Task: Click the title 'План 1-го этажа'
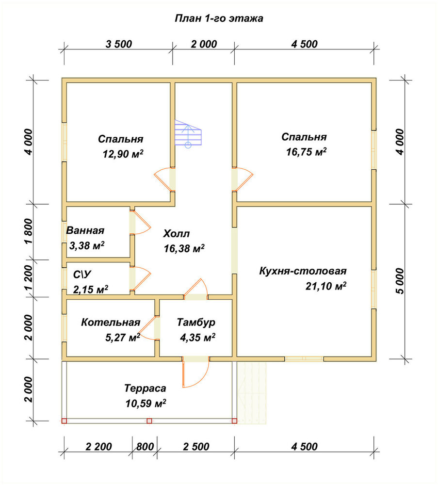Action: tap(219, 18)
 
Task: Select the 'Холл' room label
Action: tap(176, 234)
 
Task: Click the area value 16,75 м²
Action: tap(306, 152)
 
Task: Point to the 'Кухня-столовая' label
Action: tap(303, 271)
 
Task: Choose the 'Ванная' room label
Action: tap(85, 230)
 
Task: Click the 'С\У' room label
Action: tap(82, 275)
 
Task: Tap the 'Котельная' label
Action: tap(111, 323)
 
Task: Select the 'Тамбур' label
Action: tap(196, 323)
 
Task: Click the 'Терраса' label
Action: tap(145, 388)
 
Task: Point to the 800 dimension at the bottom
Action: tap(145, 447)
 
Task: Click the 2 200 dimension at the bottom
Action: tap(98, 447)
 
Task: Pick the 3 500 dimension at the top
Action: tap(119, 44)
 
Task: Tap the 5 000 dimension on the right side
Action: tap(400, 281)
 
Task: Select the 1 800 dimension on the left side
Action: tap(28, 231)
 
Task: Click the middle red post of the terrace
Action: tap(149, 421)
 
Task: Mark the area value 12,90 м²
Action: tap(123, 154)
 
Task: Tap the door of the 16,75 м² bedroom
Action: tap(243, 179)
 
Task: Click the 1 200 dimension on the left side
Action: tap(28, 277)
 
